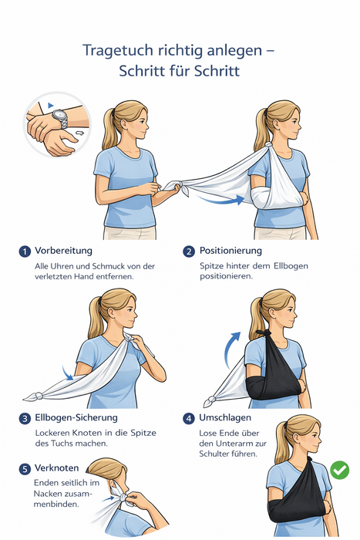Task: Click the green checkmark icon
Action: point(339,470)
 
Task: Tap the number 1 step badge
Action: point(25,251)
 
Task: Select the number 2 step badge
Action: point(189,251)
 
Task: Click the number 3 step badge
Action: point(25,419)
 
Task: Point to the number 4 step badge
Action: point(189,419)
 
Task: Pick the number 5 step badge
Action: point(25,469)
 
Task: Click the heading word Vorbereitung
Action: point(63,251)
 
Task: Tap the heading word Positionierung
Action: point(230,251)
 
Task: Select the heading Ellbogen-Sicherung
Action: point(76,418)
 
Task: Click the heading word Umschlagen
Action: point(225,418)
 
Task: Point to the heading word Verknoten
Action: point(57,468)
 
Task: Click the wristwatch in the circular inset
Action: point(61,118)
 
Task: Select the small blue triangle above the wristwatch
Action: point(51,105)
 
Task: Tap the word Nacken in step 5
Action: point(48,494)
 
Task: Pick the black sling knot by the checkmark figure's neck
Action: point(308,460)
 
